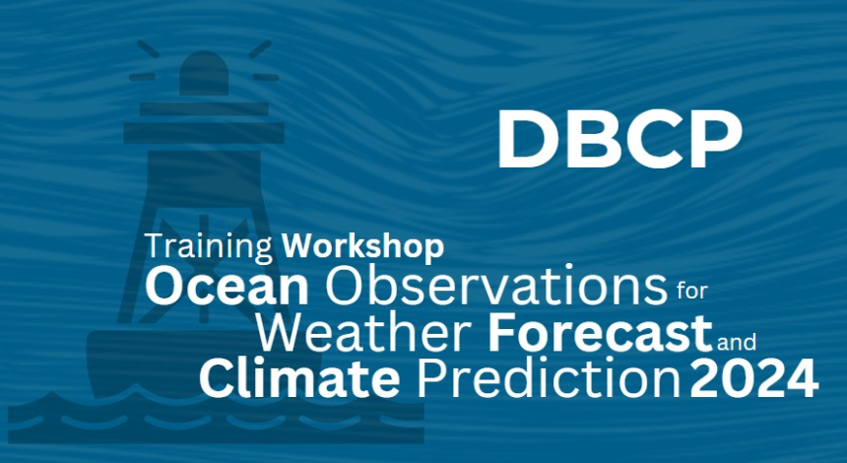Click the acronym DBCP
pyautogui.click(x=619, y=139)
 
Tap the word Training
pyautogui.click(x=209, y=247)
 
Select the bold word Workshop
pyautogui.click(x=362, y=246)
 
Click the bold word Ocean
pyautogui.click(x=227, y=287)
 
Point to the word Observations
pyautogui.click(x=495, y=287)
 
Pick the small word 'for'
pyautogui.click(x=691, y=291)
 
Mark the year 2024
pyautogui.click(x=754, y=379)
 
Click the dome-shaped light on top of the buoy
pyautogui.click(x=204, y=73)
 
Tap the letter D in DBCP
pyautogui.click(x=526, y=139)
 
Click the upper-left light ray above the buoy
pyautogui.click(x=148, y=48)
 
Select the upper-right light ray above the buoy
pyautogui.click(x=260, y=48)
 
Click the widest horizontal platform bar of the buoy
pyautogui.click(x=204, y=133)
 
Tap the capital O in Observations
pyautogui.click(x=344, y=287)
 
